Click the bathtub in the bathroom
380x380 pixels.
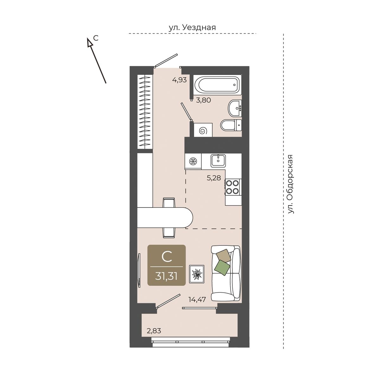click(217, 85)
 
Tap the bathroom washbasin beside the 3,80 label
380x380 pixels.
click(235, 108)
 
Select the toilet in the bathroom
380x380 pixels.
click(231, 125)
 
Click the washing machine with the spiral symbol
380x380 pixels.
click(203, 130)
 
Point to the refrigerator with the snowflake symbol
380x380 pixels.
click(193, 161)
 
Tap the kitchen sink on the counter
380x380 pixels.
click(218, 160)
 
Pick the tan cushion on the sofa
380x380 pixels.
click(224, 256)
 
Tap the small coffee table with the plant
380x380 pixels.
click(197, 274)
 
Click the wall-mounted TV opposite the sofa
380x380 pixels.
click(139, 270)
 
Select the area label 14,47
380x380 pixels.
click(197, 300)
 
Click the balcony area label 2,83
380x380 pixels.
click(154, 331)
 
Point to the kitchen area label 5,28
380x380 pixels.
click(214, 178)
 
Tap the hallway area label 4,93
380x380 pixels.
click(180, 80)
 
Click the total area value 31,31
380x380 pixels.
click(167, 276)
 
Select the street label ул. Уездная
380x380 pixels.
click(192, 28)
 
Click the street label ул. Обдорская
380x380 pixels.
click(290, 184)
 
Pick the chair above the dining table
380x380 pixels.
click(169, 203)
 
